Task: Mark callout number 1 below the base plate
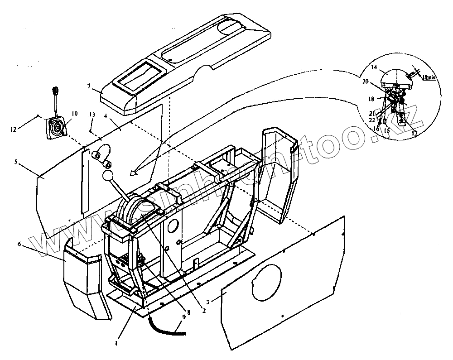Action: pyautogui.click(x=116, y=343)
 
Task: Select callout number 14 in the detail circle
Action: pyautogui.click(x=374, y=67)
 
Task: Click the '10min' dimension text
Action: pyautogui.click(x=429, y=78)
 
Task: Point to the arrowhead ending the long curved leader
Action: pyautogui.click(x=132, y=173)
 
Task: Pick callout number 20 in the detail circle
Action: pyautogui.click(x=366, y=82)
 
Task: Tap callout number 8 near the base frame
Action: pyautogui.click(x=188, y=312)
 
